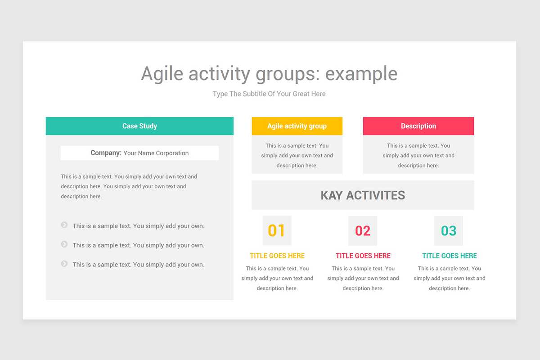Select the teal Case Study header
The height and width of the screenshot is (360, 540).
pyautogui.click(x=139, y=126)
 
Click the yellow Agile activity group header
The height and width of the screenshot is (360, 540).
pyautogui.click(x=297, y=126)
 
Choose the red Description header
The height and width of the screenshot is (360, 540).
pyautogui.click(x=418, y=126)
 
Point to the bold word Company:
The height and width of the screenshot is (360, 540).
pyautogui.click(x=106, y=153)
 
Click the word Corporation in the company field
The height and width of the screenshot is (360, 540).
pyautogui.click(x=172, y=153)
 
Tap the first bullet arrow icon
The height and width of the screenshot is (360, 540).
pyautogui.click(x=64, y=225)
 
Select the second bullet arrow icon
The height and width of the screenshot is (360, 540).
pyautogui.click(x=64, y=244)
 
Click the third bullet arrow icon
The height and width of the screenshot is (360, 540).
pyautogui.click(x=64, y=264)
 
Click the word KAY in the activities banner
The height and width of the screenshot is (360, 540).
pyautogui.click(x=332, y=195)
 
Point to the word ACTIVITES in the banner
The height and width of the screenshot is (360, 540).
pyautogui.click(x=376, y=195)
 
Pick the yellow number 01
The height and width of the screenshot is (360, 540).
pyautogui.click(x=276, y=230)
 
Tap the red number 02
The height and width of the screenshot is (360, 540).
pyautogui.click(x=363, y=231)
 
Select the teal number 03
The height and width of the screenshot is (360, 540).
pyautogui.click(x=449, y=231)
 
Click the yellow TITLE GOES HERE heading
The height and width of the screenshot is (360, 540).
pyautogui.click(x=277, y=256)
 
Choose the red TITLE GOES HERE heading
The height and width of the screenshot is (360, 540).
pyautogui.click(x=363, y=256)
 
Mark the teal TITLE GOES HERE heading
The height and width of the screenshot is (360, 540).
pyautogui.click(x=450, y=256)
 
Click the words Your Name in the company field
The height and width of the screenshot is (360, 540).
pyautogui.click(x=139, y=153)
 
